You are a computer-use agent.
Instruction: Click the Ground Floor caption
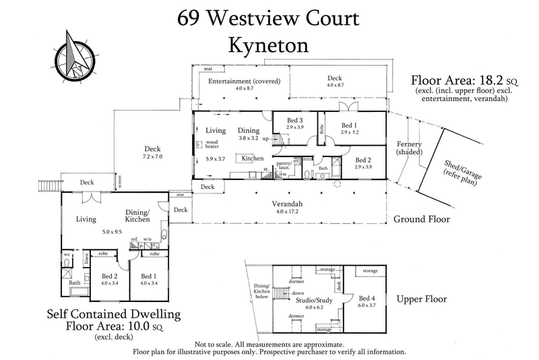(x=422, y=220)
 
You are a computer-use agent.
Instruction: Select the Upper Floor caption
(x=422, y=299)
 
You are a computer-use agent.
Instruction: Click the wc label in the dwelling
(x=66, y=256)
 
